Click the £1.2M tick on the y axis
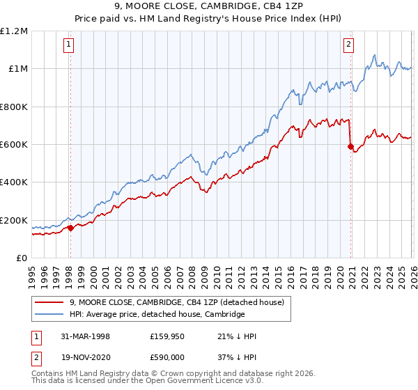pos(14,31)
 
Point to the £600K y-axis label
pos(14,145)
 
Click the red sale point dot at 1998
pos(70,228)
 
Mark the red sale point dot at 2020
pos(350,146)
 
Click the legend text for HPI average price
pos(157,315)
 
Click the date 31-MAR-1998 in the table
pos(84,336)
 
